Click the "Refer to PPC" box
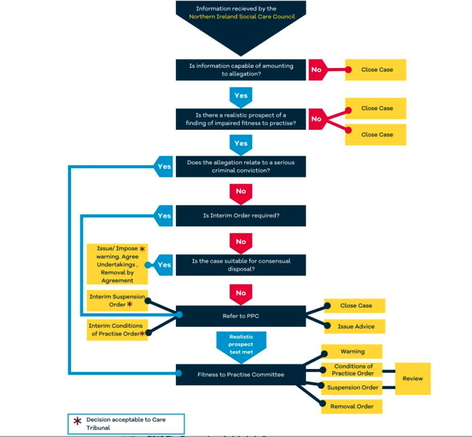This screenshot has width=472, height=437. point(241,316)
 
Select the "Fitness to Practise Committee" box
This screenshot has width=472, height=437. point(241,374)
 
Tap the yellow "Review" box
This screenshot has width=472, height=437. point(412,378)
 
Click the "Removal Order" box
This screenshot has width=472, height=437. point(352,406)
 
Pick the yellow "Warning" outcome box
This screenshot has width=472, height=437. point(352,351)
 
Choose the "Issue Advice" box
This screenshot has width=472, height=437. point(356,326)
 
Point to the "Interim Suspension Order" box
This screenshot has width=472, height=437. point(116,301)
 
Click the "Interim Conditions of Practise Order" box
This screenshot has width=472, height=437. point(116,330)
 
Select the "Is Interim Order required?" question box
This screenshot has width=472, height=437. point(241,216)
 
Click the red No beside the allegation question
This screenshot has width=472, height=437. point(316,70)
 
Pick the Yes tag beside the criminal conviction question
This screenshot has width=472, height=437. point(163,167)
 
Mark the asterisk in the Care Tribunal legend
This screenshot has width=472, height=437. point(77,421)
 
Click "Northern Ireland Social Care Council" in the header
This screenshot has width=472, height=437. point(241,17)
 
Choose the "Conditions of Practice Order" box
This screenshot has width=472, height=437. point(352,370)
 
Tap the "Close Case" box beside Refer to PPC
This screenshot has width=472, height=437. point(356,305)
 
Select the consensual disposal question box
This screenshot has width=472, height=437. point(241,265)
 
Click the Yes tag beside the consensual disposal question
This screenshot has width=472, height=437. point(163,265)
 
